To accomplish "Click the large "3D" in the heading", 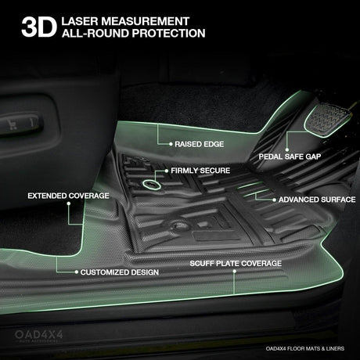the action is [39, 27].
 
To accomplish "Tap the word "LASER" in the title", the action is [80, 21].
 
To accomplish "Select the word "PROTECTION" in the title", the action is [168, 34].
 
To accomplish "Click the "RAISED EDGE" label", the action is [199, 144].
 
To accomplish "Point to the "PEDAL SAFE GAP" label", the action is [290, 157].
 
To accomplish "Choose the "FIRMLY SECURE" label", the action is [200, 171].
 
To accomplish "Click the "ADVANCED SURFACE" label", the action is [317, 200].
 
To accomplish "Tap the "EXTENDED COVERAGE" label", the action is [68, 196].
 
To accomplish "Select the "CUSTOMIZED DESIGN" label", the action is [120, 272].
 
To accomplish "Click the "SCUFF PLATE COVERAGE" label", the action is [236, 263].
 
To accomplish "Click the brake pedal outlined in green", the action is [327, 119].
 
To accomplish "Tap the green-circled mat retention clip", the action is [151, 185].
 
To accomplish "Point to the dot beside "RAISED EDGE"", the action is [171, 144].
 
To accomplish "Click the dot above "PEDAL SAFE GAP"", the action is [287, 149].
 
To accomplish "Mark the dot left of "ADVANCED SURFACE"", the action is [274, 200].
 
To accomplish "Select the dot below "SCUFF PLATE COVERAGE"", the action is [235, 272].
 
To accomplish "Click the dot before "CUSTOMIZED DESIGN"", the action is [77, 272].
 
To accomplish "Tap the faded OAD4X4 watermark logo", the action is [39, 336].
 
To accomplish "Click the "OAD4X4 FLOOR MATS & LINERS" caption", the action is [305, 348].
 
